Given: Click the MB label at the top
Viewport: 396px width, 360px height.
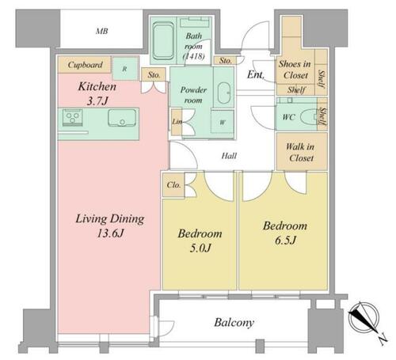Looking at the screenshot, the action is pyautogui.click(x=102, y=32).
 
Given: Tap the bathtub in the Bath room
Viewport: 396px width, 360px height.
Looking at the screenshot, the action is pyautogui.click(x=163, y=41).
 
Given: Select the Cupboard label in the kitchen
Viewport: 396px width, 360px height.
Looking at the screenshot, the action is pyautogui.click(x=85, y=65).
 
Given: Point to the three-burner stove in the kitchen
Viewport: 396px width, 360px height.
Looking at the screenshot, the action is pyautogui.click(x=73, y=117).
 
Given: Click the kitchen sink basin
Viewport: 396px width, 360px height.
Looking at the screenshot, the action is pyautogui.click(x=122, y=118).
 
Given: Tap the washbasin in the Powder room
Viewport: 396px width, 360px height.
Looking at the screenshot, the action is pyautogui.click(x=224, y=93).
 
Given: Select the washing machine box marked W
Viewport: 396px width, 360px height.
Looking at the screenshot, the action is pyautogui.click(x=223, y=122).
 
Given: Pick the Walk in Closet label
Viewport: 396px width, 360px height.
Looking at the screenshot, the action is pyautogui.click(x=301, y=152).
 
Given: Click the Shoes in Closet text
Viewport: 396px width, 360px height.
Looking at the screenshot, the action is pyautogui.click(x=295, y=70).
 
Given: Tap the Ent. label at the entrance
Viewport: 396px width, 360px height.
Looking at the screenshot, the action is pyautogui.click(x=256, y=74).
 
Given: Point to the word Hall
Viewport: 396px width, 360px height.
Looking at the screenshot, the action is pyautogui.click(x=229, y=156).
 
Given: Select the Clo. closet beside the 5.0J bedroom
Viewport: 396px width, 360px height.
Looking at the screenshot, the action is pyautogui.click(x=173, y=185).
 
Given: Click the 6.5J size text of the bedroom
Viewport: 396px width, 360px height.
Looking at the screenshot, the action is pyautogui.click(x=285, y=241).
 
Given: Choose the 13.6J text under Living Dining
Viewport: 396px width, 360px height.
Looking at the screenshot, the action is pyautogui.click(x=110, y=233).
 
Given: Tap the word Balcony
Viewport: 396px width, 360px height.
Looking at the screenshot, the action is pyautogui.click(x=234, y=323).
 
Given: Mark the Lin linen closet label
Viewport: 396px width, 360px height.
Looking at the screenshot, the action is pyautogui.click(x=177, y=122).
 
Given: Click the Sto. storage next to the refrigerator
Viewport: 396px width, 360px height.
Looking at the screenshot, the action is pyautogui.click(x=154, y=75).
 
